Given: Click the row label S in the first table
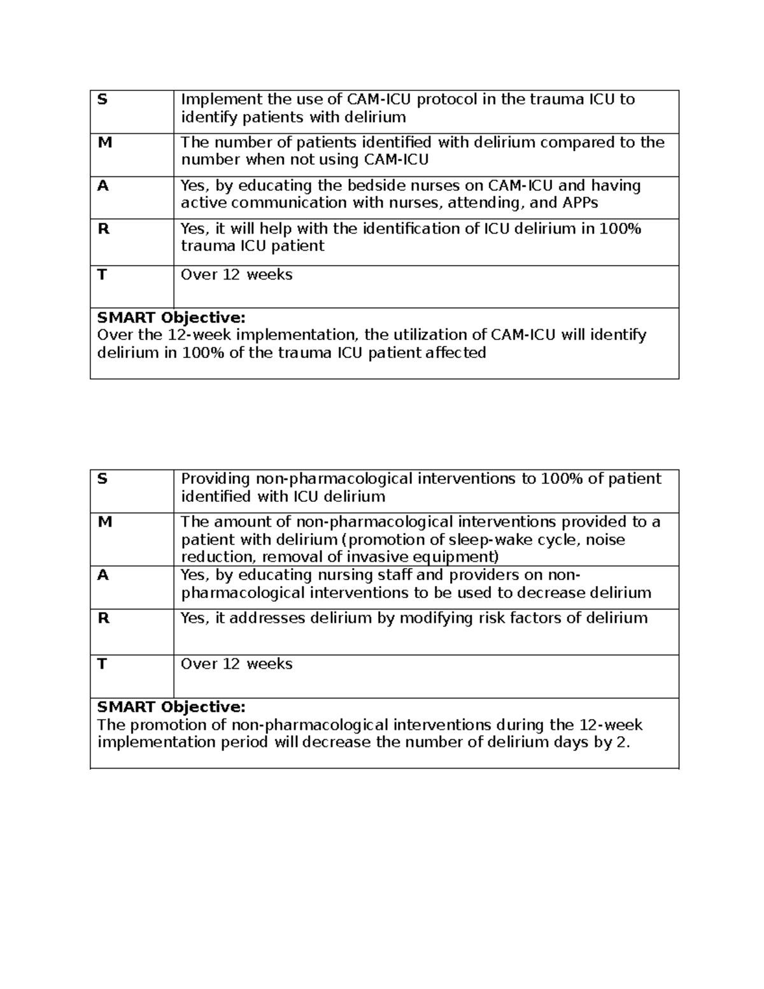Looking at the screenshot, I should coord(101,99).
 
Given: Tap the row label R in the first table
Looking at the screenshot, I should coord(103,229).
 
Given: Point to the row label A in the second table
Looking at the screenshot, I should coord(103,575).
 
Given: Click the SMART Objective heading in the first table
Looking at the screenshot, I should coord(171,318).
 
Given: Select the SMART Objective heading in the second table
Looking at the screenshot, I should coord(171,707).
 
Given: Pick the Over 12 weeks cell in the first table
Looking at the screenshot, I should coord(236,275).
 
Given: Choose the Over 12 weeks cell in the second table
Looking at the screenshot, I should coord(236,664).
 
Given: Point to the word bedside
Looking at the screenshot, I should coord(353,186).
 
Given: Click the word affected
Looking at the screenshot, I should coord(455,353).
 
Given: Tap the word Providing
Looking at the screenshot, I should coord(216,479).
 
